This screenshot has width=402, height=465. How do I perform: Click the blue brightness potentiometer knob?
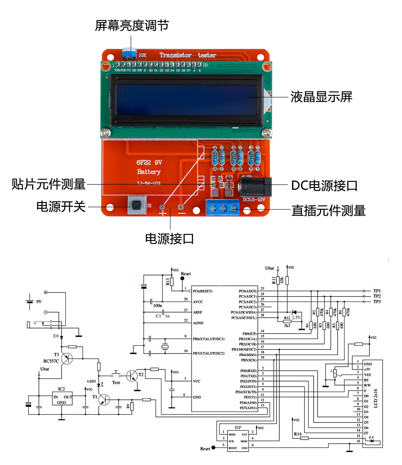[129, 53]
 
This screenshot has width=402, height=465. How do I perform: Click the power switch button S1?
[137, 205]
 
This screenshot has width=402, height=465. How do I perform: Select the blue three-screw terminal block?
[222, 207]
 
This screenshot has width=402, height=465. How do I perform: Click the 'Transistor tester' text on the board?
[188, 55]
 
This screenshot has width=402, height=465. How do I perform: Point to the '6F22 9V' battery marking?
[149, 162]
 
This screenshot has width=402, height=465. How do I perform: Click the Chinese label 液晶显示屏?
[321, 97]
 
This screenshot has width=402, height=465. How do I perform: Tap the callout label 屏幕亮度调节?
[132, 26]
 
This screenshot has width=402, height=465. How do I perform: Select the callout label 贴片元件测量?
[49, 184]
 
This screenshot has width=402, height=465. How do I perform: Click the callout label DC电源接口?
[324, 186]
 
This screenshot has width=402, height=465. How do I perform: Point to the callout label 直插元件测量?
[329, 211]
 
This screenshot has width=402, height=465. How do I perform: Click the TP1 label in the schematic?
[377, 291]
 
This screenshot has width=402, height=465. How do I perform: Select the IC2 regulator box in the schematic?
[62, 398]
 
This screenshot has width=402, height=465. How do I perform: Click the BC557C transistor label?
[51, 361]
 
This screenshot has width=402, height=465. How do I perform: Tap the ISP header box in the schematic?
[238, 441]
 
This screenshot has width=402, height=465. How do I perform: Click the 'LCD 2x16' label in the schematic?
[375, 398]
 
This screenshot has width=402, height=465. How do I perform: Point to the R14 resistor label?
[297, 434]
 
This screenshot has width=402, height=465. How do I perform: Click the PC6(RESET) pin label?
[202, 291]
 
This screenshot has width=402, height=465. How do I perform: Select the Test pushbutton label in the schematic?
[116, 382]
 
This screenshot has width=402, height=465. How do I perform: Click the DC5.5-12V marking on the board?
[254, 200]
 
